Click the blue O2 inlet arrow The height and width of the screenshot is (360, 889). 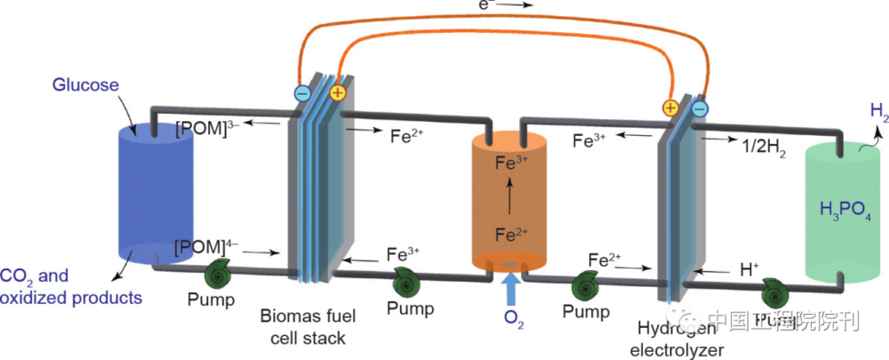511,287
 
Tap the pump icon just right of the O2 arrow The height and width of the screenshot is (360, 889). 588,284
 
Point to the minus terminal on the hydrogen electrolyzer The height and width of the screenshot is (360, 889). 700,108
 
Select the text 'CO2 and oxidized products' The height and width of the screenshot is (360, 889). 71,286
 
